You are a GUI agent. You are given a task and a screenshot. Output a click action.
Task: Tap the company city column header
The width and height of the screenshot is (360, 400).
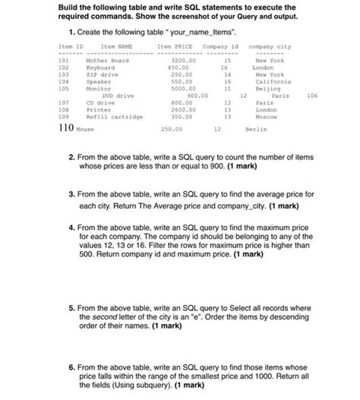pyautogui.click(x=270, y=47)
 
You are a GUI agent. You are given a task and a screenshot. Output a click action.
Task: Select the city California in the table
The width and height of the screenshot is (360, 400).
pyautogui.click(x=271, y=82)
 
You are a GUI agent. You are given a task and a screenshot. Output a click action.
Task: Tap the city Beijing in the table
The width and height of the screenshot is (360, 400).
pyautogui.click(x=267, y=89)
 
